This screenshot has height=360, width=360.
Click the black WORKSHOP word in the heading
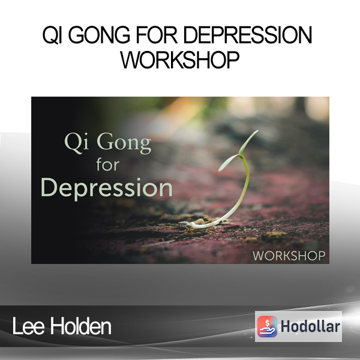[180, 59]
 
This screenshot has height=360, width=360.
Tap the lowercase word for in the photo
[108, 164]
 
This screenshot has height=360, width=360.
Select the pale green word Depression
[107, 188]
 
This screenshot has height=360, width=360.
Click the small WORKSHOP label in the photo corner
[289, 256]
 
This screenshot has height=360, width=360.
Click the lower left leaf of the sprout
[229, 163]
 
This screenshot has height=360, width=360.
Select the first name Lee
[28, 326]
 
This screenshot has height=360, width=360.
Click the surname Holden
[80, 326]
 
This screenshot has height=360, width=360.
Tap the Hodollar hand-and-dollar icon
[267, 326]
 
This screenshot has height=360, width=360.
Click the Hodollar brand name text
[310, 326]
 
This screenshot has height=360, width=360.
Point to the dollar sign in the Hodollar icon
[267, 323]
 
